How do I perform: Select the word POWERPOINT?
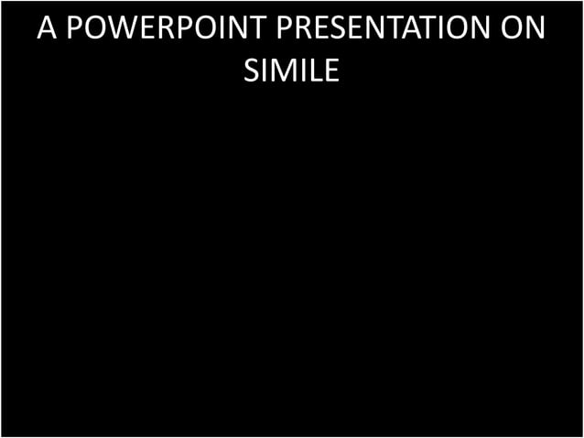[167, 28]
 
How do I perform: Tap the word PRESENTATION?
[381, 28]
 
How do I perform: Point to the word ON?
[520, 28]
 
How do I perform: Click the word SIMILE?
[291, 70]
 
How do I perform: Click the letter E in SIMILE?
[330, 70]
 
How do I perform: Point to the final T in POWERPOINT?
[259, 28]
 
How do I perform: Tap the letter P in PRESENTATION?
[286, 28]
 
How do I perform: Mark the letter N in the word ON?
[534, 28]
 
